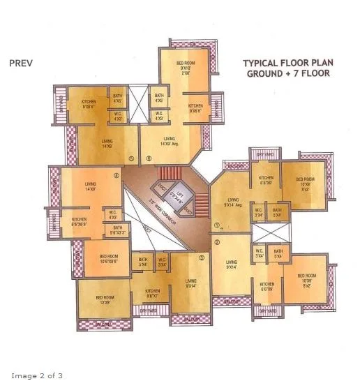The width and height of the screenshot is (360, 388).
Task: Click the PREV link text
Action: pos(21,63)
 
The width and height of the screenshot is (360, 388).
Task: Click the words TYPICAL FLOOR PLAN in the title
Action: pos(287,63)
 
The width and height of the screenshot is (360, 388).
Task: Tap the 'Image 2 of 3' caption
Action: pos(32,376)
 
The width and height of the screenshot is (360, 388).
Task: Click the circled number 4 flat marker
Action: pos(117,176)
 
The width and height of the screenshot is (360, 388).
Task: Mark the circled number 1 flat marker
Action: pos(217,225)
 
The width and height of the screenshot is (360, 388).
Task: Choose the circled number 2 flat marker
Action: pos(217,242)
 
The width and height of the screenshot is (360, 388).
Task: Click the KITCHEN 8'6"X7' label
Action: pos(153,294)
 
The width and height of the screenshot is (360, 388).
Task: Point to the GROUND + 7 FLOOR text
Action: pos(287,74)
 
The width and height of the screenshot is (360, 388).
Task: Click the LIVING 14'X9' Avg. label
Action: pos(170,142)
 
